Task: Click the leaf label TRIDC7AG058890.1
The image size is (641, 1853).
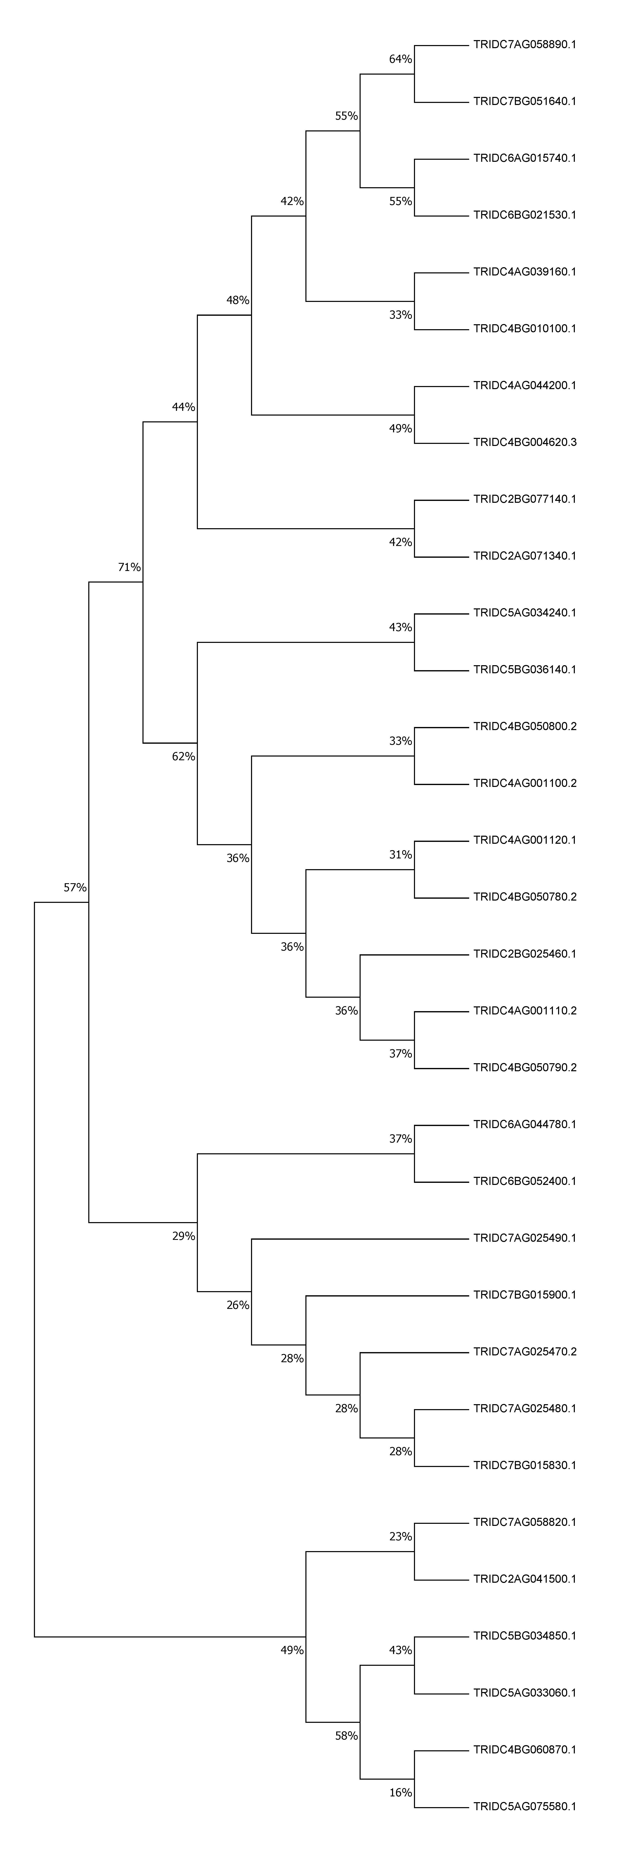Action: (524, 45)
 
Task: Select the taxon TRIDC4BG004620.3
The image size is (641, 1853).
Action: (524, 442)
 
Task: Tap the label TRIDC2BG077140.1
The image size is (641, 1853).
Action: (524, 499)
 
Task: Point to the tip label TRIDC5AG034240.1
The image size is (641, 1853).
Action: (524, 613)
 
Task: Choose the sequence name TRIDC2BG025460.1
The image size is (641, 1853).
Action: (524, 954)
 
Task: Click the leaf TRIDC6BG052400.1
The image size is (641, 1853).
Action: (524, 1181)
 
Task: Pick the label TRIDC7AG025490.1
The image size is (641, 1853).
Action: (524, 1238)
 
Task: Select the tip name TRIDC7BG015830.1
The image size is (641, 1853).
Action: (524, 1465)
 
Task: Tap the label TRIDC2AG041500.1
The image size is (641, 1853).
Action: (524, 1579)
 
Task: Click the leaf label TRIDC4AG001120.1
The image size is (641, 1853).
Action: (524, 840)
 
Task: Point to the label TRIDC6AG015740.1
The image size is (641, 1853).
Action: (524, 158)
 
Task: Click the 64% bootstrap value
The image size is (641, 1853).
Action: (401, 59)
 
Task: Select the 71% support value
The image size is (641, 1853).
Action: (129, 567)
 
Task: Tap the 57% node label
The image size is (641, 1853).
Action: (75, 888)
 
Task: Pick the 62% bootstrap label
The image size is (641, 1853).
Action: (183, 757)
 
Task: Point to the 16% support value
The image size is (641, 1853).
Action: (401, 1793)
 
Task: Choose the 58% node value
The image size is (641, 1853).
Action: (346, 1736)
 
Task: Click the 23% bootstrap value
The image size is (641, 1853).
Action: (401, 1536)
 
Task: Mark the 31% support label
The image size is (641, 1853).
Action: (401, 854)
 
